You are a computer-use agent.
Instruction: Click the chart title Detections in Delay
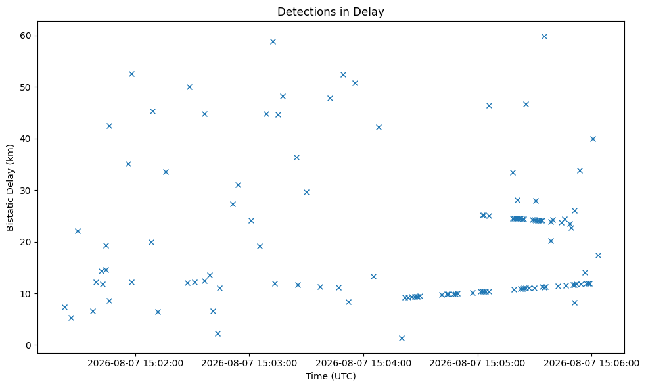click(x=331, y=12)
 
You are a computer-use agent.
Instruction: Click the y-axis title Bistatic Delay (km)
click(x=11, y=187)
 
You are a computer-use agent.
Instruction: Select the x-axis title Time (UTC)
click(x=331, y=376)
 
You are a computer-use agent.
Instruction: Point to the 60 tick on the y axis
click(x=25, y=36)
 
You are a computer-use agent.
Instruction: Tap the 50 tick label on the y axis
click(x=25, y=87)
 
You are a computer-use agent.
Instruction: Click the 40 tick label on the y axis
click(x=25, y=139)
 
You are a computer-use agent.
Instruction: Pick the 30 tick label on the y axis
click(x=25, y=191)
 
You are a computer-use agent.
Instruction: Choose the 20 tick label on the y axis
click(x=25, y=242)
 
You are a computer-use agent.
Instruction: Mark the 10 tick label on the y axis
click(x=25, y=293)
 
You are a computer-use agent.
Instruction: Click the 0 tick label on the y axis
click(x=28, y=345)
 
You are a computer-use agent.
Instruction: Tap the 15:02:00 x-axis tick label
click(x=135, y=363)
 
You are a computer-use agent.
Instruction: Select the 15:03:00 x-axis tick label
click(x=249, y=363)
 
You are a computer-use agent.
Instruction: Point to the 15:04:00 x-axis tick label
click(x=363, y=363)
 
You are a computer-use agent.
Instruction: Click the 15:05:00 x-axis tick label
click(x=478, y=363)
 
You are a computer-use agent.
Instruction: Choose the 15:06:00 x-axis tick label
click(x=591, y=363)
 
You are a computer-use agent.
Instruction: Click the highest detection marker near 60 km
click(x=544, y=36)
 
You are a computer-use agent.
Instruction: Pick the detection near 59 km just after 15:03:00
click(x=273, y=41)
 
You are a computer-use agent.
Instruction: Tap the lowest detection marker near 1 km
click(x=402, y=338)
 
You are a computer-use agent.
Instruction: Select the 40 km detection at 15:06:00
click(x=593, y=139)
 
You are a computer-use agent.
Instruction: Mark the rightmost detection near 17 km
click(x=598, y=255)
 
